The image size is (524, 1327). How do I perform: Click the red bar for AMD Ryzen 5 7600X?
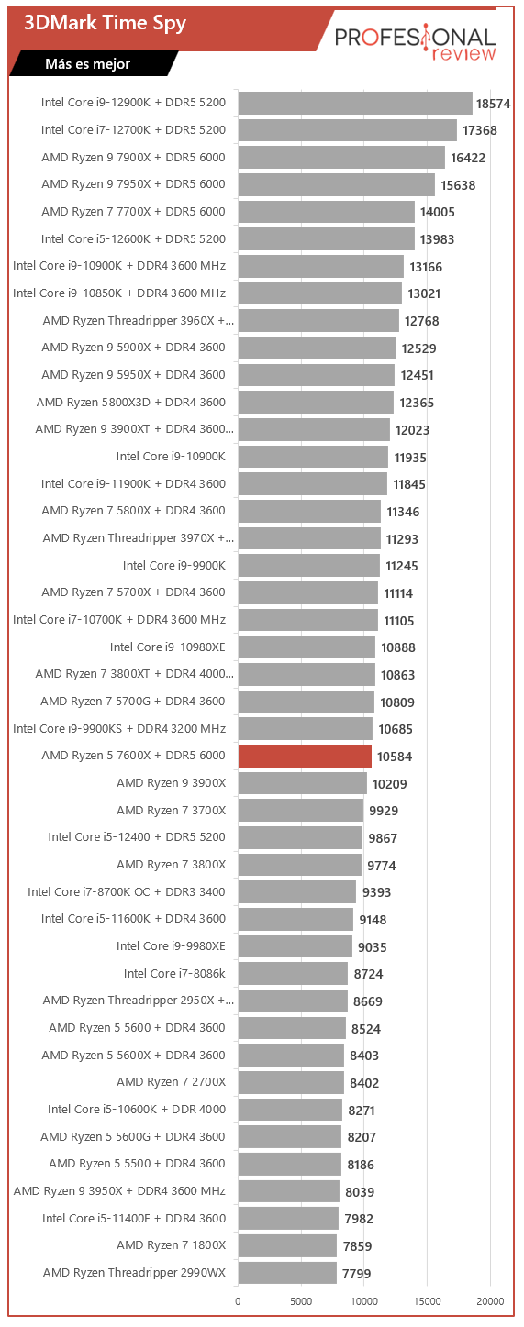[x=305, y=756]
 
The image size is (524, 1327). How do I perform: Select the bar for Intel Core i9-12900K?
[x=355, y=103]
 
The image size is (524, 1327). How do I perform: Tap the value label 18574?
[x=493, y=104]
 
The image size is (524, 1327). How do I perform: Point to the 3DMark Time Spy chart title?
[x=105, y=23]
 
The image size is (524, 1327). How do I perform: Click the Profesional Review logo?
[x=415, y=43]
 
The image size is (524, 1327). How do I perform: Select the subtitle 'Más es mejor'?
[x=88, y=64]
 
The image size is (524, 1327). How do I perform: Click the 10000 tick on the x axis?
[x=364, y=1301]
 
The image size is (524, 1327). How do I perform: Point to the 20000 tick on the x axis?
[x=490, y=1301]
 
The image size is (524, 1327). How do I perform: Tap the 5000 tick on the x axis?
[x=301, y=1301]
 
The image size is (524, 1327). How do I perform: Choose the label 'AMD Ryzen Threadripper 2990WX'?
[x=134, y=1272]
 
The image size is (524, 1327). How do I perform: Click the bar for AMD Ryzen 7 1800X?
[x=287, y=1245]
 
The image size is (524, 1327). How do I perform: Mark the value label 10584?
[x=395, y=757]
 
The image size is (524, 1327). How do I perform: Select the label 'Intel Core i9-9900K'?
[x=174, y=565]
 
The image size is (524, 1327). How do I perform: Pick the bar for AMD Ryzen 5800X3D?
[x=316, y=403]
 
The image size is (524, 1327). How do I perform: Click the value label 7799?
[x=356, y=1273]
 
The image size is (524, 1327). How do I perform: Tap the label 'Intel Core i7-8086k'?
[x=174, y=973]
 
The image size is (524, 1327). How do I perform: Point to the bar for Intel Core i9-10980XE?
[x=307, y=647]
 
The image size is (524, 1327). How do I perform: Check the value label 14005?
[x=438, y=212]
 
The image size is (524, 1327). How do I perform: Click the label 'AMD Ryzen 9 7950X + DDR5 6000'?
[x=133, y=184]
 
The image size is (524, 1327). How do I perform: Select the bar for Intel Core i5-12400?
[x=300, y=837]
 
